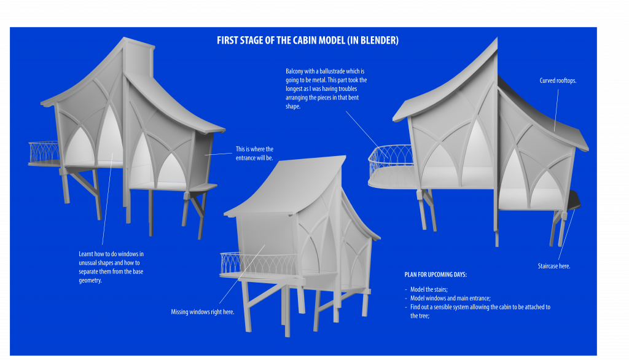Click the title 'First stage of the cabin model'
coord(308,41)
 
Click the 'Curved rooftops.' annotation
coord(558,80)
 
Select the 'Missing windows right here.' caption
coord(202,312)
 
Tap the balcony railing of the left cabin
coord(44,152)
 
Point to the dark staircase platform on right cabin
coord(574,200)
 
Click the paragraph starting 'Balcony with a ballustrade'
coord(326,89)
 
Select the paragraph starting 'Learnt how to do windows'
coord(111,267)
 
